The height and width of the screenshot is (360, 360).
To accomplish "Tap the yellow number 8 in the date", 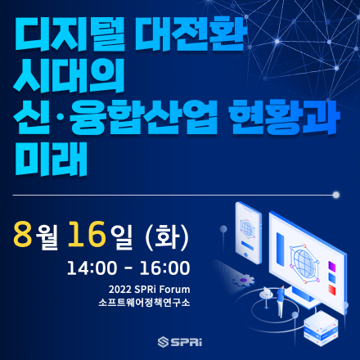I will pos(22,234).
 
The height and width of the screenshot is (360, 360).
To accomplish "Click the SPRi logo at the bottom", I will pos(179,340).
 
